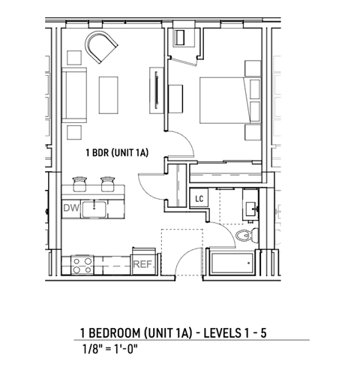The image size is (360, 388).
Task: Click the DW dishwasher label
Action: tap(71, 208)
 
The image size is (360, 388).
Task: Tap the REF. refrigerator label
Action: tap(142, 264)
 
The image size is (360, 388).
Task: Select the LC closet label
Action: tap(199, 198)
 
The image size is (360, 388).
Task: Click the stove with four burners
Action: tap(82, 264)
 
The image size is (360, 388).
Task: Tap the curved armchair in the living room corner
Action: tap(103, 47)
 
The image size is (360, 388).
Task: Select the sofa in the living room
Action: tap(75, 95)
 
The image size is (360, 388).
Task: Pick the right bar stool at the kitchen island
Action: tap(104, 181)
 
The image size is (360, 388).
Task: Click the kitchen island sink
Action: tap(95, 208)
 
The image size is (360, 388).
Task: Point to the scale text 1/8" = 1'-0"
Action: tap(110, 348)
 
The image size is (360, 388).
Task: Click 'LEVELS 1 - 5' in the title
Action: tap(232, 332)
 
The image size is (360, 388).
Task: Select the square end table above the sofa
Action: tap(74, 57)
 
